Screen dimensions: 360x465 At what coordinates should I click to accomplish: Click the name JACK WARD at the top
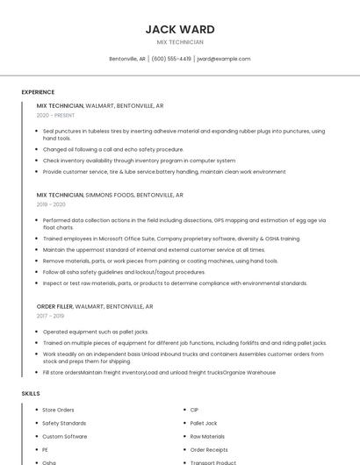[x=179, y=29]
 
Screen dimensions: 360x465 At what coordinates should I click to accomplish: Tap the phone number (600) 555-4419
[x=171, y=59]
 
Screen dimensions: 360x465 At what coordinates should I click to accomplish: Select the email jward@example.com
[x=224, y=59]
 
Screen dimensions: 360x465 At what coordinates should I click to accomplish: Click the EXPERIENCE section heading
[x=38, y=92]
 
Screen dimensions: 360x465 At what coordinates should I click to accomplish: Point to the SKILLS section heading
[x=31, y=394]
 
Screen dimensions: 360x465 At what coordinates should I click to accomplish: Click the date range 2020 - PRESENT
[x=55, y=115]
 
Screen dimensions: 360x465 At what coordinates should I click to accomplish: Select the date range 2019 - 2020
[x=51, y=204]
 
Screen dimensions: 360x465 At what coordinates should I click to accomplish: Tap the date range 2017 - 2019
[x=50, y=316]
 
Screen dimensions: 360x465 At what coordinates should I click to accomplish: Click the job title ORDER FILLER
[x=55, y=306]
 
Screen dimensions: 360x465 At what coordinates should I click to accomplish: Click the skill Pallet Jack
[x=204, y=423]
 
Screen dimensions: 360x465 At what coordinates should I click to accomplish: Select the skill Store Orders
[x=58, y=410]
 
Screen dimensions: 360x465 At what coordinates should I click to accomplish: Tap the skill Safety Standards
[x=64, y=423]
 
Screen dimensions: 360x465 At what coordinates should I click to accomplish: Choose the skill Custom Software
[x=64, y=436]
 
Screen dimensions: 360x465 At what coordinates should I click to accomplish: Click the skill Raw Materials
[x=207, y=436]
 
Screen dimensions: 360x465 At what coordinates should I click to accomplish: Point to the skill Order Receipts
[x=209, y=449]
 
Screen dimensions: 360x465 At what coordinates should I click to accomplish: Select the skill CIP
[x=194, y=410]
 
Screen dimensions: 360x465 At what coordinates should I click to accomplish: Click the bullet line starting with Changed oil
[x=113, y=149]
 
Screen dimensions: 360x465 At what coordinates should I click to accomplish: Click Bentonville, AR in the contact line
[x=127, y=59]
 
